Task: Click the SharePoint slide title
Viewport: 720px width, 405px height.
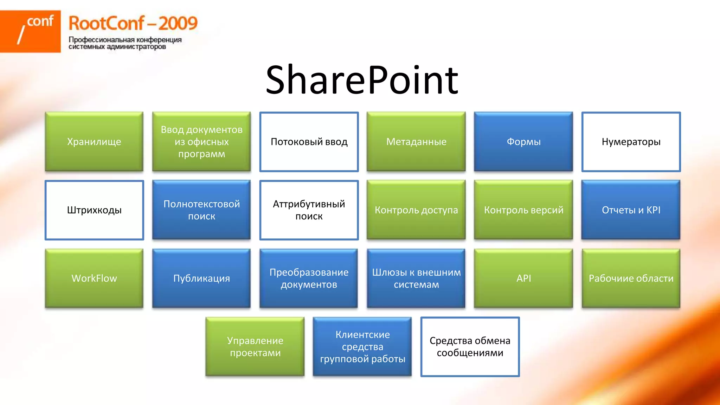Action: [362, 80]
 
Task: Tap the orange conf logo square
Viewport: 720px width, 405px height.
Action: [30, 31]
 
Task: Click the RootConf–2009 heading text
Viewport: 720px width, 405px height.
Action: [133, 24]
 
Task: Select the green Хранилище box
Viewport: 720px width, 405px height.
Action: [94, 142]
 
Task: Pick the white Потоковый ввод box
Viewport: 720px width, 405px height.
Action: [309, 142]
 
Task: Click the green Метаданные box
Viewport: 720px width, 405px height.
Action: [416, 142]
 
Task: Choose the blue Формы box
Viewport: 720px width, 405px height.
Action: [523, 142]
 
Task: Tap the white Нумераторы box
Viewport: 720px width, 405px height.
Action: [631, 142]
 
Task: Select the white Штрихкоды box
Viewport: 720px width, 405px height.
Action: [94, 210]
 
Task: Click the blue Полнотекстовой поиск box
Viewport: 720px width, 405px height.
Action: [201, 210]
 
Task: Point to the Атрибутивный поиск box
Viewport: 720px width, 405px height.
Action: [309, 210]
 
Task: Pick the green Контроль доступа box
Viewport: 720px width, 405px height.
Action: [416, 210]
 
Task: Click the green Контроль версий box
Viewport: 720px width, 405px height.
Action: [523, 210]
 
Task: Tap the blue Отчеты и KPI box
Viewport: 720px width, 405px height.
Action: [631, 210]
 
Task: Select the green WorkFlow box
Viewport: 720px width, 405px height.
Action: [94, 278]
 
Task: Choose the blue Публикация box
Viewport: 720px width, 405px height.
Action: [201, 278]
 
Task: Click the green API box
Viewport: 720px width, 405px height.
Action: [523, 278]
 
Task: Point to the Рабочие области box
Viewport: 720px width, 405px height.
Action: [631, 278]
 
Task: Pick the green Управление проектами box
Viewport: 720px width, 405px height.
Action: [255, 347]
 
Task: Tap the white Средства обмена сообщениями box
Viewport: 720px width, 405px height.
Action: [470, 347]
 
